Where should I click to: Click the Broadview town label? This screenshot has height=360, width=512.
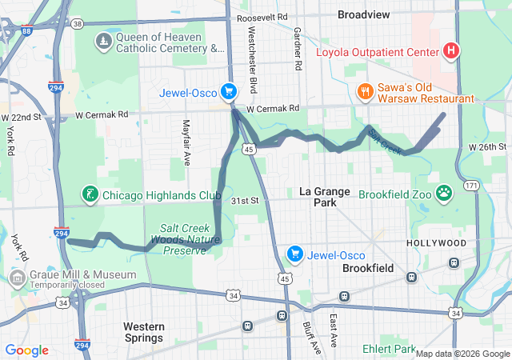click(x=364, y=14)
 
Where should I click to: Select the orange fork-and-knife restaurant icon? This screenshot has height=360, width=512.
click(x=364, y=90)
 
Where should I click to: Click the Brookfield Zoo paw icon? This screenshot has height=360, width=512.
click(x=445, y=194)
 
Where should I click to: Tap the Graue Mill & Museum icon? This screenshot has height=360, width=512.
click(x=17, y=278)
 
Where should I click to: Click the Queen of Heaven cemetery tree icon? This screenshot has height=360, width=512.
click(x=103, y=41)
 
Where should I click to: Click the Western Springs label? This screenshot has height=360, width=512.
click(x=144, y=333)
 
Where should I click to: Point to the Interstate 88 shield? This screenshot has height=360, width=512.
click(x=26, y=31)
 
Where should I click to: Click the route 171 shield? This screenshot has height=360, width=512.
click(x=473, y=186)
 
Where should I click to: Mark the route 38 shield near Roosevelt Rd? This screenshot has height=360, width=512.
click(x=77, y=24)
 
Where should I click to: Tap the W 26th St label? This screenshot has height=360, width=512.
click(x=488, y=147)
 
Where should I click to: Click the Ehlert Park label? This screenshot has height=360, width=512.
click(x=387, y=350)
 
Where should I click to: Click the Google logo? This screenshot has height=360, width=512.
click(x=27, y=350)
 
